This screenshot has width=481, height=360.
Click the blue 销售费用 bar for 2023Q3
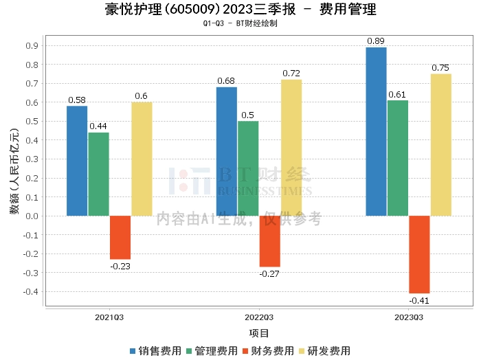tap(376, 131)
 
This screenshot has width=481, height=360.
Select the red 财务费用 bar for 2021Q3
tap(120, 237)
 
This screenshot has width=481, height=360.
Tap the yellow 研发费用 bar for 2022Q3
tap(291, 148)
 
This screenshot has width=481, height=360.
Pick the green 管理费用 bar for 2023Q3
tap(398, 158)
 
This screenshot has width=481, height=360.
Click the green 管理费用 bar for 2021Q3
tap(98, 174)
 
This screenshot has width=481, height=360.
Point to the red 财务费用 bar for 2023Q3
tap(419, 254)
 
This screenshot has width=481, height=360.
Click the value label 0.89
tap(376, 41)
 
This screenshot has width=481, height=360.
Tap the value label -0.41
tap(419, 301)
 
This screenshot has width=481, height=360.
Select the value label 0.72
tap(291, 73)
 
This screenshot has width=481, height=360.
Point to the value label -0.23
tap(120, 266)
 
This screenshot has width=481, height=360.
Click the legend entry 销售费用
tap(155, 350)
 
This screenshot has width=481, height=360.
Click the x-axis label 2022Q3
tap(259, 317)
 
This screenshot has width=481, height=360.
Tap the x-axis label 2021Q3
tap(109, 317)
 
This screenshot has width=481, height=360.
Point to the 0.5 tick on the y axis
tap(32, 122)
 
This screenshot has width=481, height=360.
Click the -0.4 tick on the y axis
tap(30, 292)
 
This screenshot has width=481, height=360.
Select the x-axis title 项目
tap(259, 333)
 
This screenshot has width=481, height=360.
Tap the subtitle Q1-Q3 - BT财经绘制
tap(240, 23)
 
